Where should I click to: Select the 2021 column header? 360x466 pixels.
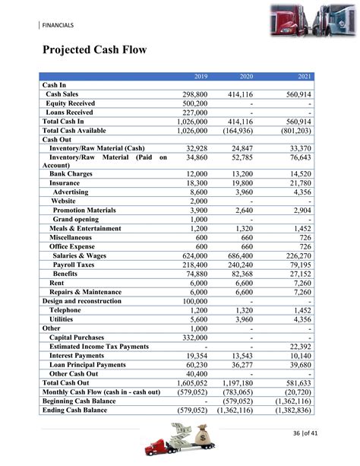tap(305, 77)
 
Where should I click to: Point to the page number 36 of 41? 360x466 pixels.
tap(311, 433)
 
